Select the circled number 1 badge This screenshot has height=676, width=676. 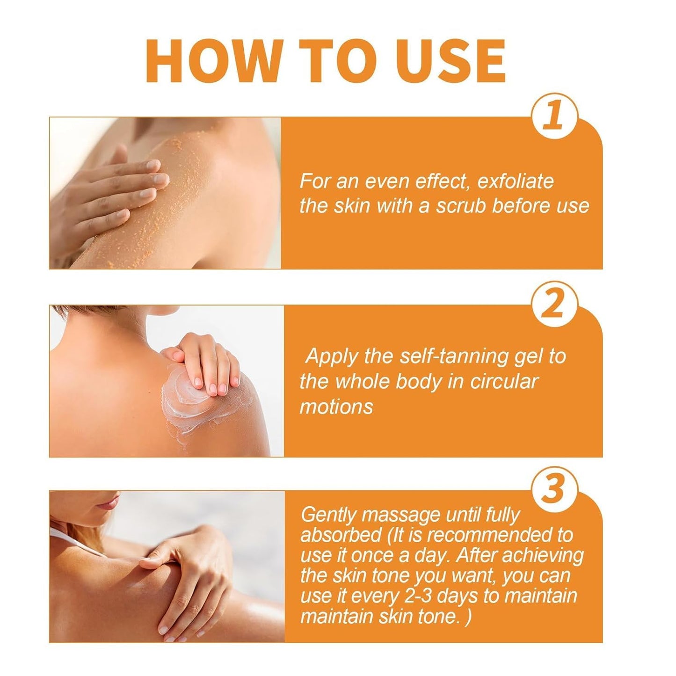pos(554,116)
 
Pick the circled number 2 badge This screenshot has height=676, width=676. pos(554,305)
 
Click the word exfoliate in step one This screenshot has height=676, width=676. pos(516,182)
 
